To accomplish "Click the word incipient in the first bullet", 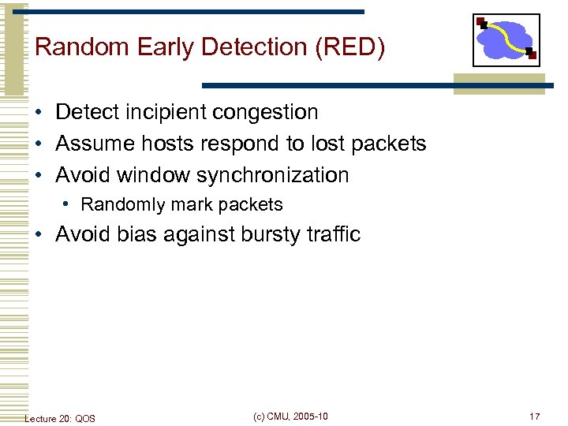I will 165,112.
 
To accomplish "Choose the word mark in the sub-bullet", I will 181,205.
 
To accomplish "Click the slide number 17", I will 534,417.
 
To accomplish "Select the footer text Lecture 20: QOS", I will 60,418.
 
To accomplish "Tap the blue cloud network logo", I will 506,39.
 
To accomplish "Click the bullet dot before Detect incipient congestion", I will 38,113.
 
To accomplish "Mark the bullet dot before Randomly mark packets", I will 69,205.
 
